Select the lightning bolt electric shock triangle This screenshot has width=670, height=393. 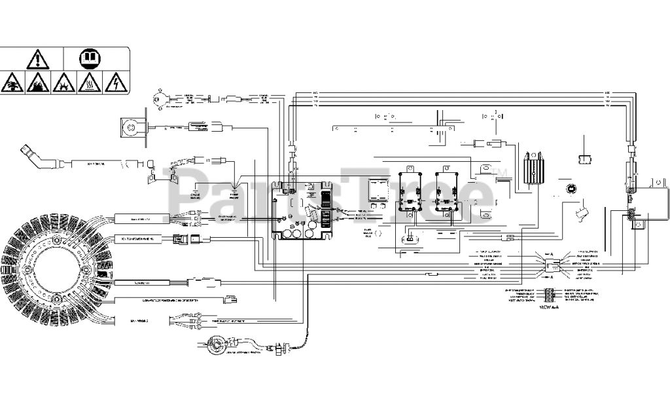[x=116, y=83]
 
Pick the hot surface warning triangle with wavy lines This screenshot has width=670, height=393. [x=89, y=83]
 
